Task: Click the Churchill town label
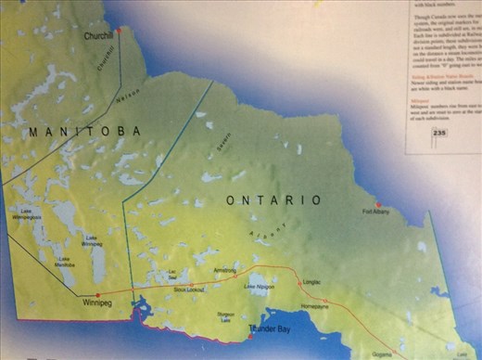pos(97,36)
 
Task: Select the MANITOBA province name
pos(84,132)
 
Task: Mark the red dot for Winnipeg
pos(98,294)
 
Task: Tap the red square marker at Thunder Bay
pos(250,337)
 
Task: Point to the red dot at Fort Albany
pos(378,204)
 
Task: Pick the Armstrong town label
pos(225,270)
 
